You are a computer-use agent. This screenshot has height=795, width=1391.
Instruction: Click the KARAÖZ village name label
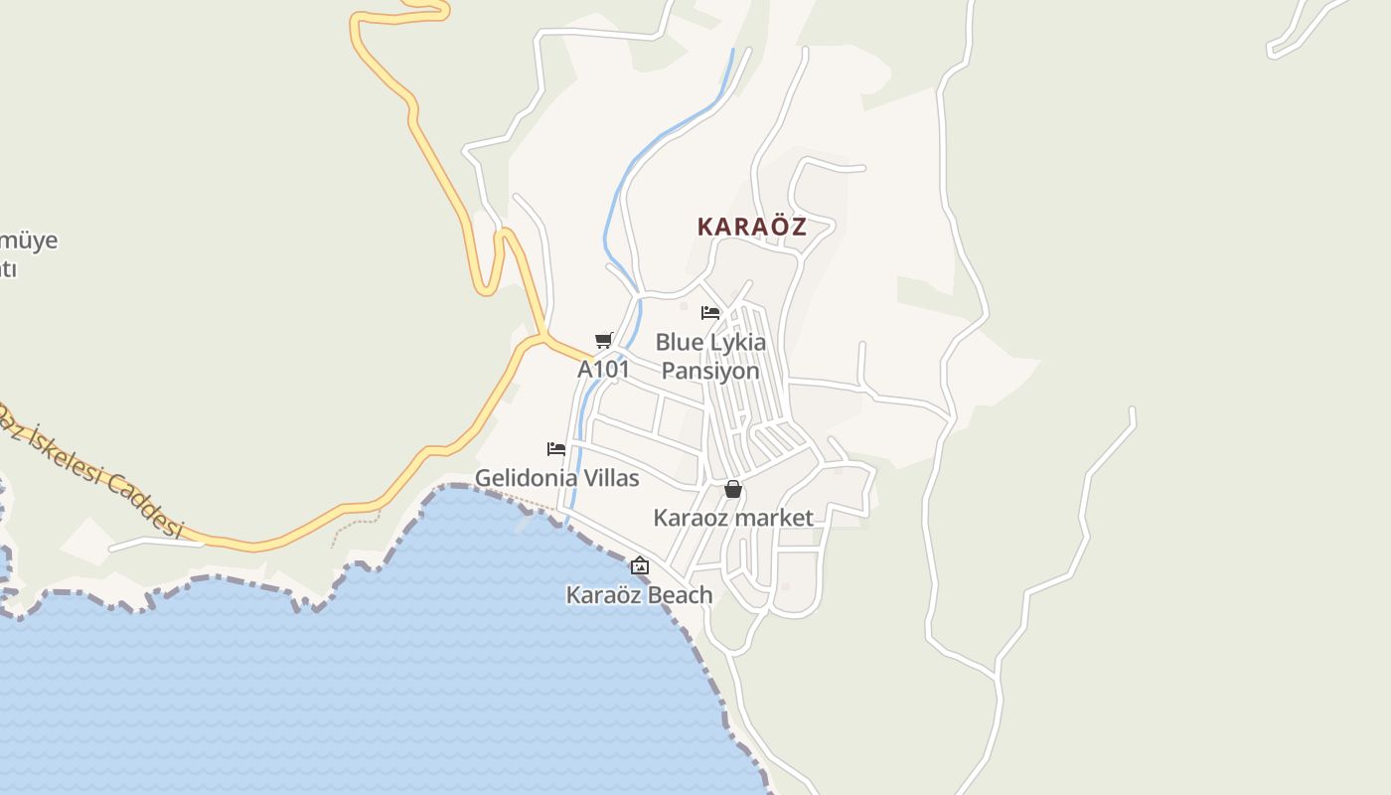point(751,227)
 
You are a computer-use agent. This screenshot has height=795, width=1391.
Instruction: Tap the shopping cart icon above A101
point(603,341)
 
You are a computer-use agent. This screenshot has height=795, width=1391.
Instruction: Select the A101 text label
point(604,370)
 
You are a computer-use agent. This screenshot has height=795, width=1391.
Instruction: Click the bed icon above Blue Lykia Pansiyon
point(709,313)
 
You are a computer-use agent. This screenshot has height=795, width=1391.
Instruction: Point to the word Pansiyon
point(710,371)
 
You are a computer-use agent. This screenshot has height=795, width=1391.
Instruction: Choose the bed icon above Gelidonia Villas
point(556,449)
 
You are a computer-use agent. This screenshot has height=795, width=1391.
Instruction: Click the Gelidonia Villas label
point(557,478)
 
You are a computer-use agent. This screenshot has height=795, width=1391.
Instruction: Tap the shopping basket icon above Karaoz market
point(733,489)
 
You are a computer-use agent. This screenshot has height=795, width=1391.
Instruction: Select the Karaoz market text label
point(733,518)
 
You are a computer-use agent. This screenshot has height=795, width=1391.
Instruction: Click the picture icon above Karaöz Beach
point(640,566)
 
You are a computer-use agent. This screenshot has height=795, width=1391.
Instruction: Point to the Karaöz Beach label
point(640,595)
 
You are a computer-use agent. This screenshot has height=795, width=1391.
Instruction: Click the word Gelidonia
point(527,478)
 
